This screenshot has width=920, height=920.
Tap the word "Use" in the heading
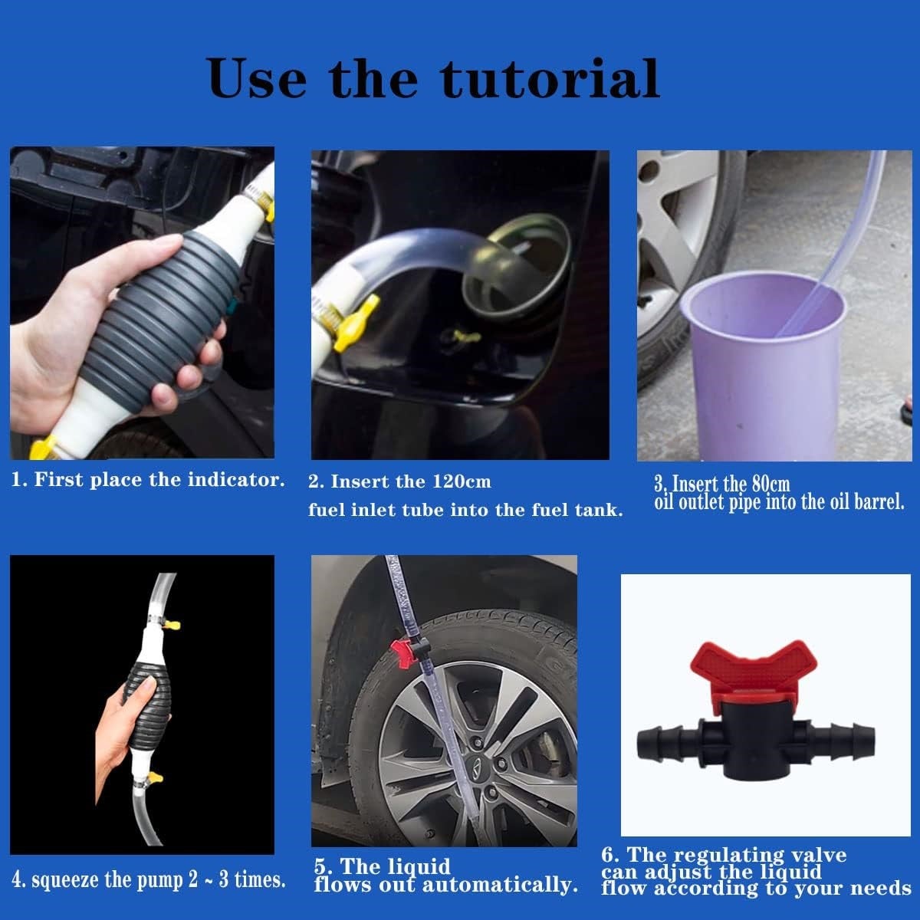point(257,77)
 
